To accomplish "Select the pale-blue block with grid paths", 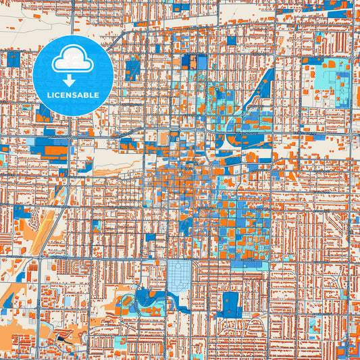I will (x=178, y=275).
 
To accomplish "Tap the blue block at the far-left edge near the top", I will (x=12, y=59).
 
